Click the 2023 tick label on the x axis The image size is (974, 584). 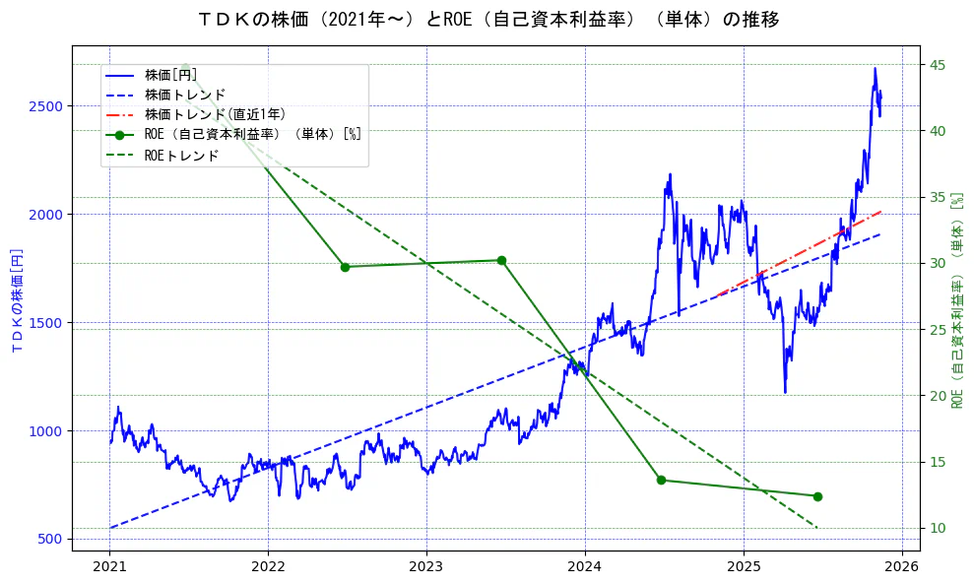[x=426, y=566]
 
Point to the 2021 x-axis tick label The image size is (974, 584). [x=109, y=566]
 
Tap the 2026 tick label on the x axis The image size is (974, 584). [x=902, y=566]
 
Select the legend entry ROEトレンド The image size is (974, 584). [x=181, y=156]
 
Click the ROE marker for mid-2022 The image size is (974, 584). [x=345, y=267]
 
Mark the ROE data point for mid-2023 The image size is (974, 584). [x=501, y=260]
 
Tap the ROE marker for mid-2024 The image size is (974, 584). [x=661, y=480]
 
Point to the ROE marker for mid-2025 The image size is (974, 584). [x=817, y=496]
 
